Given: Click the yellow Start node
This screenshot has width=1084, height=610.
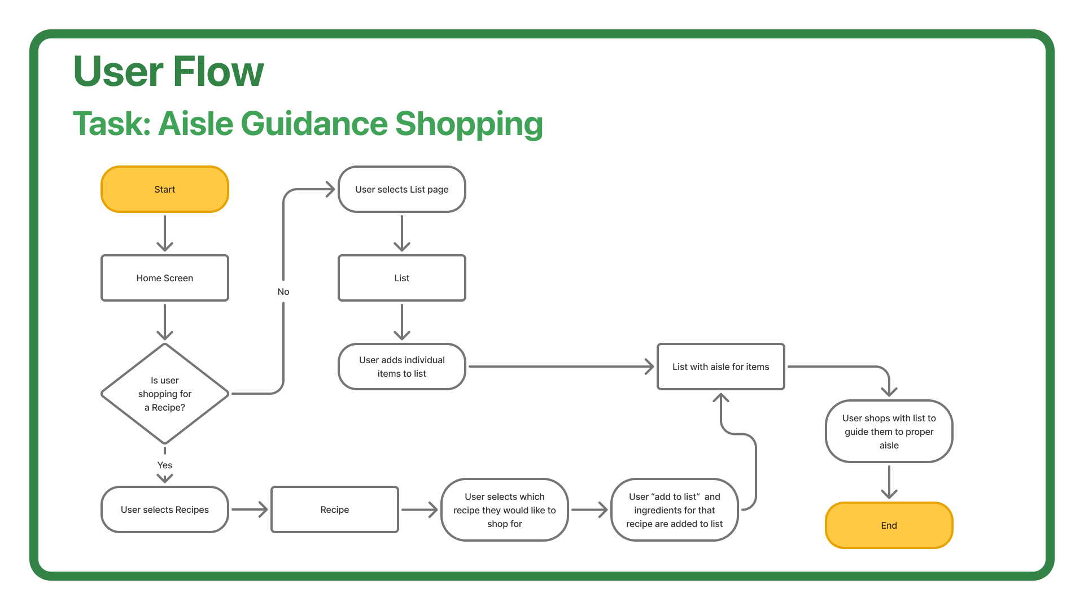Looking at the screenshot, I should (x=164, y=189).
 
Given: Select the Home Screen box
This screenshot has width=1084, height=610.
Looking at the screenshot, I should (x=164, y=278).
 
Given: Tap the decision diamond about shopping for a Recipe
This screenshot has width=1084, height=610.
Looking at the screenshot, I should (x=164, y=394).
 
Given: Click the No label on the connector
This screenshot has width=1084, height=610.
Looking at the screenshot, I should (x=283, y=291).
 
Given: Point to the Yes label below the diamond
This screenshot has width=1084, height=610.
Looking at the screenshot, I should (x=164, y=465).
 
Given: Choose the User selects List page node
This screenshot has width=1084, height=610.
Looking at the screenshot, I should (x=401, y=189).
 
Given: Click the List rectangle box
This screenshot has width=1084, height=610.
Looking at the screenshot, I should (x=401, y=278).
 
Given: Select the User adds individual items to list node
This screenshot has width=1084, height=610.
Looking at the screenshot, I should (x=401, y=367).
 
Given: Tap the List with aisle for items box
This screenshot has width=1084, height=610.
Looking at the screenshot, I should (x=720, y=367).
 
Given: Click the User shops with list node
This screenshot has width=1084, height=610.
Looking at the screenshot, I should (x=889, y=432).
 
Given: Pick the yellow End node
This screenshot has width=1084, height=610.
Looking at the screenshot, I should (x=889, y=525).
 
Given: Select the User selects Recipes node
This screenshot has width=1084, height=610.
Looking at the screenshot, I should (x=164, y=509).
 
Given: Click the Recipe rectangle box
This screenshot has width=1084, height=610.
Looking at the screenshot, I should (x=334, y=509).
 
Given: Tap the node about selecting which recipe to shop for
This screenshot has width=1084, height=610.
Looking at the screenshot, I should (x=504, y=509).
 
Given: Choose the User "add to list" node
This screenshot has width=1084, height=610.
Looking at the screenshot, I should (x=674, y=509).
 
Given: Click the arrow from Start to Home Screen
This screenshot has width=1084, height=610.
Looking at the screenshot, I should (x=164, y=233).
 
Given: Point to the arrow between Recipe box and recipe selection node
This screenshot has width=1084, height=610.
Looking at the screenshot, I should (x=419, y=509).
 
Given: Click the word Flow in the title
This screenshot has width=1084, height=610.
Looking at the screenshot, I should (x=218, y=72).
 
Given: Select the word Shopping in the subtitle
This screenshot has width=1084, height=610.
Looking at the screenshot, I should (x=469, y=124).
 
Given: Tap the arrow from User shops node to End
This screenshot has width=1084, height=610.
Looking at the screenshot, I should (x=889, y=482).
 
